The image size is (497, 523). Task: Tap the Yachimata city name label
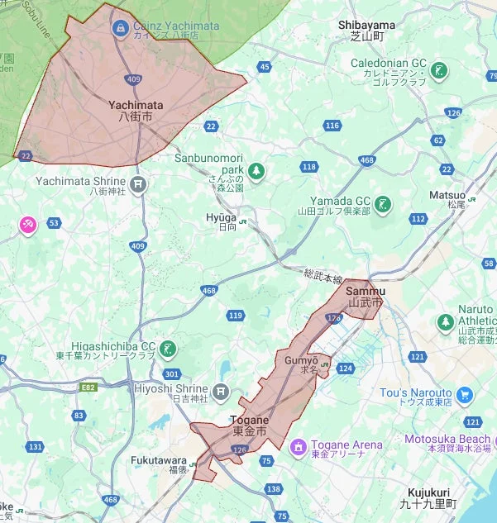[x=136, y=111]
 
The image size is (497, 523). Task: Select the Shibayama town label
[x=366, y=31]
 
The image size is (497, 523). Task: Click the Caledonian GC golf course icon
[x=442, y=70]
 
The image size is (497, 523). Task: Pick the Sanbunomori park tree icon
[x=257, y=171]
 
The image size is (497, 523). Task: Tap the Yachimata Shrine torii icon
[x=140, y=185]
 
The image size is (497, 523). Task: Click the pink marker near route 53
[x=28, y=224]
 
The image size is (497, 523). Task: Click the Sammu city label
[x=365, y=297]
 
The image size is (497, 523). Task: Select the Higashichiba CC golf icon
[x=169, y=349]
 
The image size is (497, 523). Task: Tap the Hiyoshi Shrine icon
[x=220, y=390]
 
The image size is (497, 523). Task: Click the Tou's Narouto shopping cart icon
[x=464, y=394]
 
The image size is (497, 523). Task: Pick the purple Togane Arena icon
[x=299, y=446]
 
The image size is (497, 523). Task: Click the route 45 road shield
[x=265, y=66]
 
